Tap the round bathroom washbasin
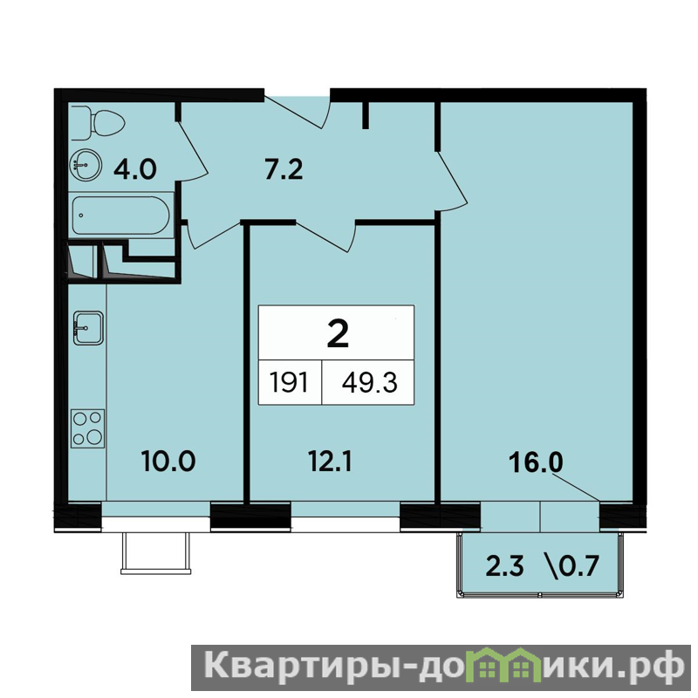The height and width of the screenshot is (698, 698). [86, 165]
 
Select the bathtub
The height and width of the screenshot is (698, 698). [120, 215]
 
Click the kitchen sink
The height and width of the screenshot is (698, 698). [89, 328]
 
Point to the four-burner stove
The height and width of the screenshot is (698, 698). [88, 428]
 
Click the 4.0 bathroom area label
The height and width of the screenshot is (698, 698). [135, 169]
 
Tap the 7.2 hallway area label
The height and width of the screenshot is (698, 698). [284, 169]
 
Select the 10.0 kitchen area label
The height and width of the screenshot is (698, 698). [168, 461]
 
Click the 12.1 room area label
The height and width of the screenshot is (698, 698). [330, 461]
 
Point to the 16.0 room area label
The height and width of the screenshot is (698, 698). [536, 462]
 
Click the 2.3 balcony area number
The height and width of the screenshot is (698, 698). [505, 566]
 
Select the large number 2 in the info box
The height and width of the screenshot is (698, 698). [338, 334]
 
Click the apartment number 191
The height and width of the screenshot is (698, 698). [289, 383]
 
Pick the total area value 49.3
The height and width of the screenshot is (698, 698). [369, 383]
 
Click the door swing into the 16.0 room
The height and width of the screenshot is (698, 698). [451, 180]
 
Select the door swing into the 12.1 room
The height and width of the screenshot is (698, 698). [325, 236]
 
